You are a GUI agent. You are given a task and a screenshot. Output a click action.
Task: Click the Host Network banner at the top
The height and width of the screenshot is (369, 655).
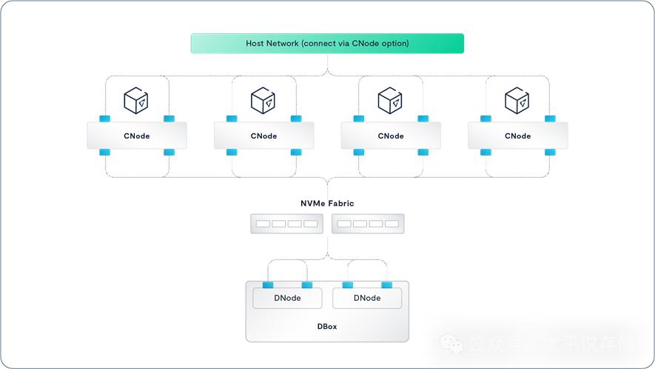pyautogui.click(x=327, y=44)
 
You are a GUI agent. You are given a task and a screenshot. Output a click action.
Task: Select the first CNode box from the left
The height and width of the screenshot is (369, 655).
pyautogui.click(x=137, y=136)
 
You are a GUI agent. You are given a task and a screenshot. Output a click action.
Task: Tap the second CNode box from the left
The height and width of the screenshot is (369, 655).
pyautogui.click(x=263, y=136)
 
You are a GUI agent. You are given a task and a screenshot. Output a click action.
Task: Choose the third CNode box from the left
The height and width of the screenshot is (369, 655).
pyautogui.click(x=391, y=136)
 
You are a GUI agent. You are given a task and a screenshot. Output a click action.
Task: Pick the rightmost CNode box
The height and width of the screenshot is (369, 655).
pyautogui.click(x=517, y=136)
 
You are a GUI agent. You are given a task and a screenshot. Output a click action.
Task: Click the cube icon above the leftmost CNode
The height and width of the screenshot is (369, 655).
pyautogui.click(x=136, y=99)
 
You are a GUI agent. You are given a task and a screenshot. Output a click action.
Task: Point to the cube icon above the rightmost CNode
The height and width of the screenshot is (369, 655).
pyautogui.click(x=517, y=99)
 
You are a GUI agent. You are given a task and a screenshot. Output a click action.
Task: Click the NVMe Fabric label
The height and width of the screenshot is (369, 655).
pyautogui.click(x=327, y=203)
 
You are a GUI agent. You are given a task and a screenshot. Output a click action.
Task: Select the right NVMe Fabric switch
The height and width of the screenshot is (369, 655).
pyautogui.click(x=368, y=223)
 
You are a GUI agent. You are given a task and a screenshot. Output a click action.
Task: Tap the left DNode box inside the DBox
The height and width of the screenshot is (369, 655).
pyautogui.click(x=287, y=298)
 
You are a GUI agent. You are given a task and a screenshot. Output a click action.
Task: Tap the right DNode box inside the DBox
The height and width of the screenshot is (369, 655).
pyautogui.click(x=367, y=298)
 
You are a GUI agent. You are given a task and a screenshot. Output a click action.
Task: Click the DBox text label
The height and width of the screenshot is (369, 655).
pyautogui.click(x=327, y=326)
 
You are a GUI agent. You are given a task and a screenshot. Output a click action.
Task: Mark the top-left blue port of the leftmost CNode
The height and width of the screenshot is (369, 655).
pyautogui.click(x=105, y=119)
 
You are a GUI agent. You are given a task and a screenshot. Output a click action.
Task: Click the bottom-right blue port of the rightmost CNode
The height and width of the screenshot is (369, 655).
pyautogui.click(x=550, y=153)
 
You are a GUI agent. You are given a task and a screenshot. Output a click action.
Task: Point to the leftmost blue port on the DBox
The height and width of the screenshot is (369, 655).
pyautogui.click(x=268, y=285)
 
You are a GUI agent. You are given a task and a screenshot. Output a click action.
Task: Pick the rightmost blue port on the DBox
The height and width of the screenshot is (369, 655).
pyautogui.click(x=386, y=285)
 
